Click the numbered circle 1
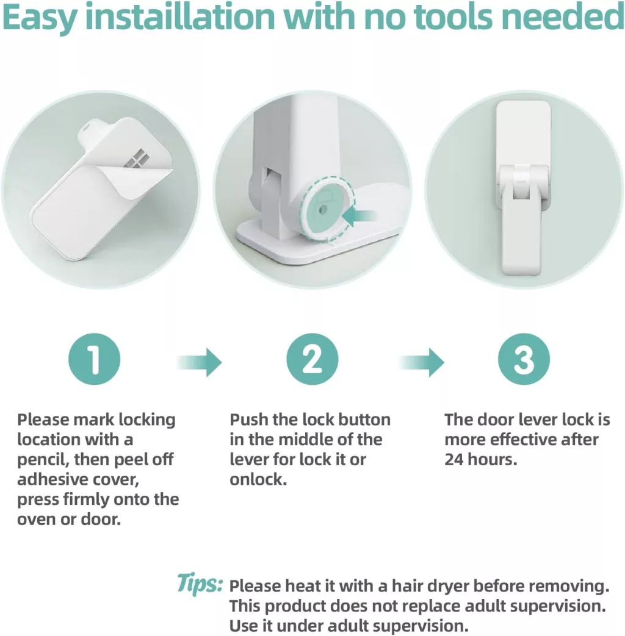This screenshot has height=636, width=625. pos(94,359)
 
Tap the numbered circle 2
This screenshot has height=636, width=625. pos(312,359)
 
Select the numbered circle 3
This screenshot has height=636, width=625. pos(524,359)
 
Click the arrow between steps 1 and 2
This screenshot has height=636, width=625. pos(200,362)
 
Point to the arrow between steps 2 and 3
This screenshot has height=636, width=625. pos(422,362)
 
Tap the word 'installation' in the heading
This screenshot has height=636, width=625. pos(180,16)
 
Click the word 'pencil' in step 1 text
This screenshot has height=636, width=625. pos(42,460)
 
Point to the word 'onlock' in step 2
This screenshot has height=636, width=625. pos(258,479)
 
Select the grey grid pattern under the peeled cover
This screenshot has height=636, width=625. pos(135,159)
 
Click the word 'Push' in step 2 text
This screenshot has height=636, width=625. pos(248,420)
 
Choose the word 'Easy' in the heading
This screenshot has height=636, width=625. pos(39,18)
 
